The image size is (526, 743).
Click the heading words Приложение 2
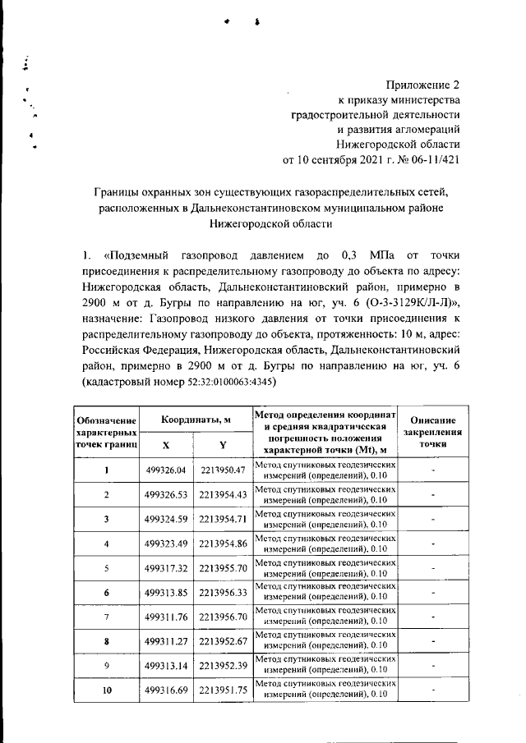pos(423,85)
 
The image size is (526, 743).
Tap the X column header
pos(166,443)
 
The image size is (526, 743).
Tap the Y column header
pos(223,443)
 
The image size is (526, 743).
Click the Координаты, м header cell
pos(195,419)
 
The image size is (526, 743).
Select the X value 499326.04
pos(166,470)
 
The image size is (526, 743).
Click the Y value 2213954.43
pos(223,495)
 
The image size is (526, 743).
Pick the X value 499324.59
pos(166,520)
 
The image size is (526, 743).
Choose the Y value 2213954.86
pos(223,544)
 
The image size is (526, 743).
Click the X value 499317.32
pos(166,568)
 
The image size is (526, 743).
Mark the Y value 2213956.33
pos(223,593)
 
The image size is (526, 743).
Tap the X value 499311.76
pos(166,617)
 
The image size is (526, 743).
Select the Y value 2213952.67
pos(223,642)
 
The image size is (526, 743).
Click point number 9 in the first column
pos(107,666)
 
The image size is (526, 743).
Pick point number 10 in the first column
pos(107,690)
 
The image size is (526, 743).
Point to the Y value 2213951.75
pos(223,690)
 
